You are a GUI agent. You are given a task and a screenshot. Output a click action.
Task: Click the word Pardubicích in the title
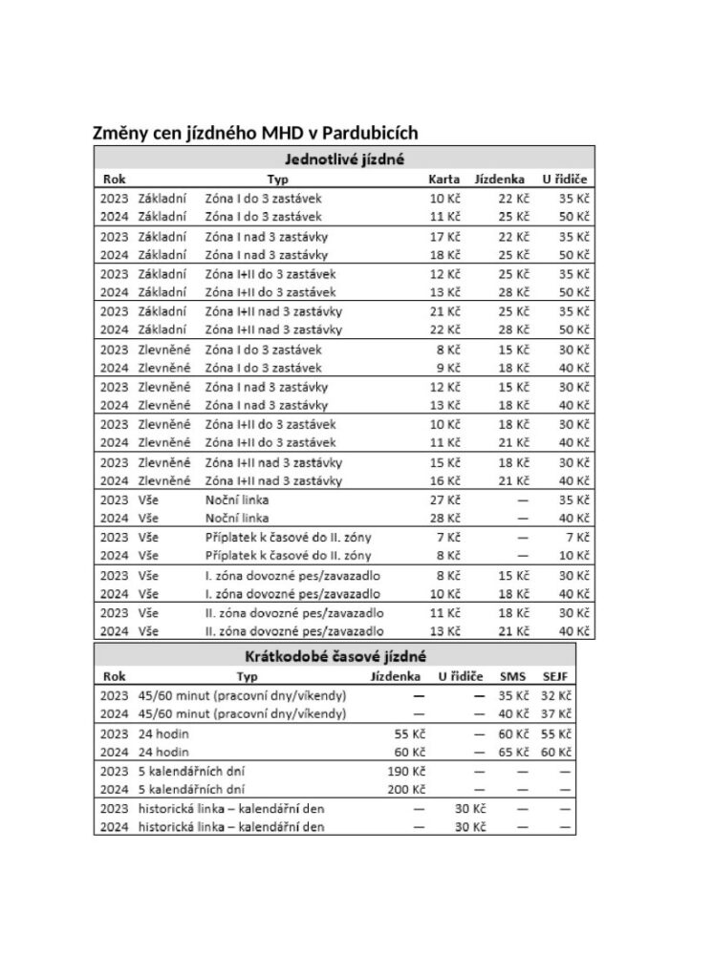(x=371, y=132)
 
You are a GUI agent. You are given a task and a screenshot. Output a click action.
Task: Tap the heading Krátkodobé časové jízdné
(x=334, y=655)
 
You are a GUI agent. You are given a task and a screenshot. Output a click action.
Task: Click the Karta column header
(x=443, y=179)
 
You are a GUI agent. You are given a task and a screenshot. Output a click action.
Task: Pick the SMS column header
(x=512, y=676)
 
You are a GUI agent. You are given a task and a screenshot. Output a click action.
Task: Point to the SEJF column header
(x=555, y=676)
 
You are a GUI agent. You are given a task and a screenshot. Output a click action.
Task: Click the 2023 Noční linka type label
(x=237, y=500)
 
